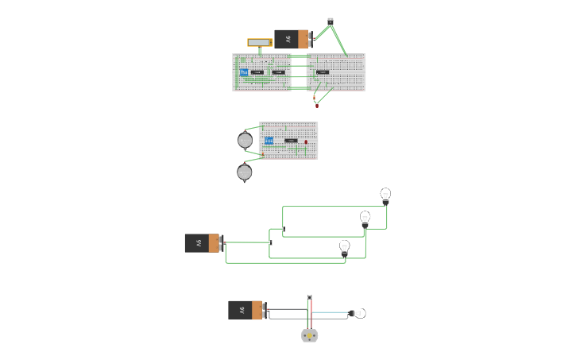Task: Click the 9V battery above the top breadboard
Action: (x=292, y=39)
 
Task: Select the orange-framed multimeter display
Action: (x=260, y=42)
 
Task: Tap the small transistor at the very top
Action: (x=331, y=21)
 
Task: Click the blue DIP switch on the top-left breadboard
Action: (x=244, y=72)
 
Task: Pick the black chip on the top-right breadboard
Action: (x=323, y=72)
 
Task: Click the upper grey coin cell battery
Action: (x=245, y=141)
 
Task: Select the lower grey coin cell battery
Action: (x=245, y=172)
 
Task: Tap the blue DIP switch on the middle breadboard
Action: (x=269, y=141)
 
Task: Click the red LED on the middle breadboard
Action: (x=306, y=142)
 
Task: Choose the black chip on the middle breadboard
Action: (x=291, y=141)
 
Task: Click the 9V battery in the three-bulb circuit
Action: (x=203, y=243)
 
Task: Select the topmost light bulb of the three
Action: (x=385, y=195)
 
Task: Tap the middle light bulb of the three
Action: (x=365, y=218)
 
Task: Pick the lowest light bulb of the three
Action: (x=344, y=247)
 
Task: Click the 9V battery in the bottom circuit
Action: (x=246, y=310)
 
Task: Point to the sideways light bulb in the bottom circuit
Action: (x=359, y=313)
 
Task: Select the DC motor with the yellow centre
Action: (x=310, y=336)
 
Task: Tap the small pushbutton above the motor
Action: (x=309, y=297)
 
